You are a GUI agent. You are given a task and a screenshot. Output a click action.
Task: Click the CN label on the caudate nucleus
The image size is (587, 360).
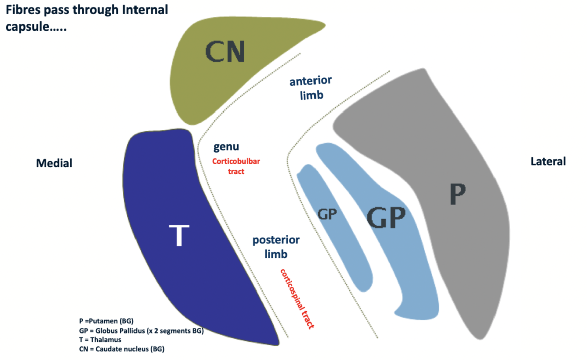224,52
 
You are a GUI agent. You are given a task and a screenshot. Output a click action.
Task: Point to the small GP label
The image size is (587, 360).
327,214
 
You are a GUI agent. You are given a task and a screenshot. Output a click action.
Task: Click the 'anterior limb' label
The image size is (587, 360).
311,88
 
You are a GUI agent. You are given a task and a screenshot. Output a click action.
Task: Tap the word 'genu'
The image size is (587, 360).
226,147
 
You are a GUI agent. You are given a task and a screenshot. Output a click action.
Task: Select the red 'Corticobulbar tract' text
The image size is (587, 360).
236,166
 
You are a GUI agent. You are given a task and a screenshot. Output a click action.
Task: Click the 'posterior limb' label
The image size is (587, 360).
276,246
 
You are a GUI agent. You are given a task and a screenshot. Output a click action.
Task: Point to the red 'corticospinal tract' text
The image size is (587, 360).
297,298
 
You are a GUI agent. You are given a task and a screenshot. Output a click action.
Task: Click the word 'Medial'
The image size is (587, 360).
54,163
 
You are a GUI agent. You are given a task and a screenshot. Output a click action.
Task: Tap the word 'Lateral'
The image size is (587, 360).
548,162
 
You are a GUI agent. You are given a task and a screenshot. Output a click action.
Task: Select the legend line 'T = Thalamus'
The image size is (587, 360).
100,339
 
